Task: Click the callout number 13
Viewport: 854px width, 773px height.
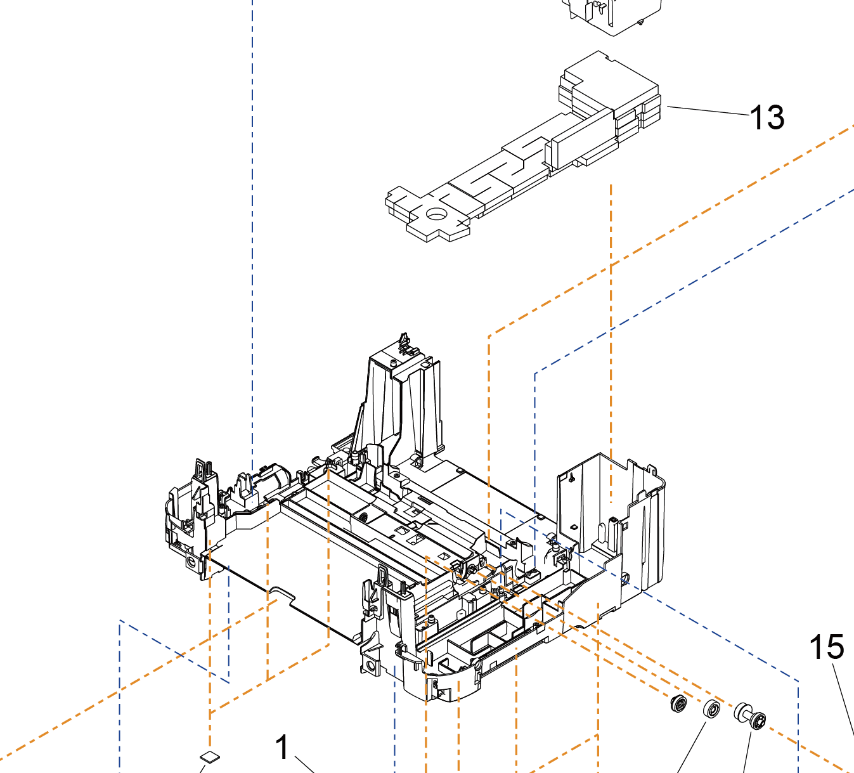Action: pyautogui.click(x=767, y=118)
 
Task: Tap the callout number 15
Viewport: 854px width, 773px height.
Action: pyautogui.click(x=827, y=647)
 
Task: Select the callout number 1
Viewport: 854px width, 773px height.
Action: pyautogui.click(x=283, y=747)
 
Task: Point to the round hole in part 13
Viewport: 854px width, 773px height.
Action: pyautogui.click(x=436, y=214)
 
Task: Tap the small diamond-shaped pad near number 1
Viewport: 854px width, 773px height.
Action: pyautogui.click(x=209, y=756)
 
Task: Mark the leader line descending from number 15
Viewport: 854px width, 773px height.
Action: pyautogui.click(x=843, y=698)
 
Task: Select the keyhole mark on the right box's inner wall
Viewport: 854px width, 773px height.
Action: pyautogui.click(x=572, y=476)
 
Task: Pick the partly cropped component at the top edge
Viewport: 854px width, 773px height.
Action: pyautogui.click(x=605, y=16)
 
